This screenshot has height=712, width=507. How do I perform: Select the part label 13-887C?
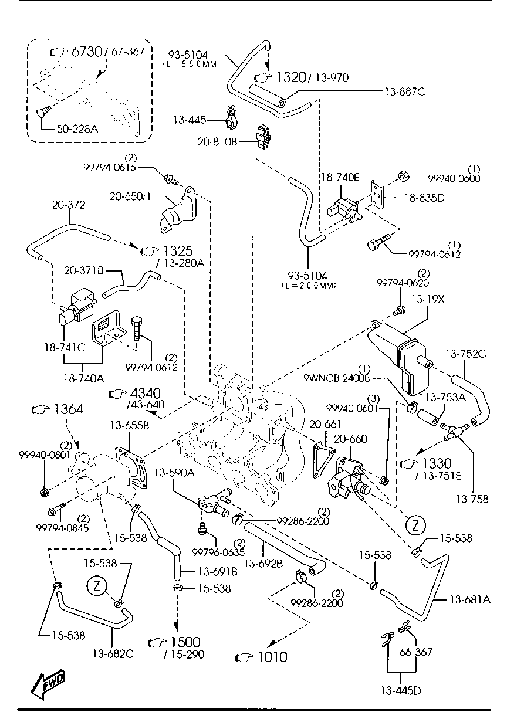pos(405,92)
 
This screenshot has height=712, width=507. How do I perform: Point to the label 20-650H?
pos(130,196)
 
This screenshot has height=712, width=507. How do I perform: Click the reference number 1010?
pos(272,657)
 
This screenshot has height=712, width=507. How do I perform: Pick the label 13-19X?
pos(428,299)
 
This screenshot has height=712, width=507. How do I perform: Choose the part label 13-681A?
pos(470,599)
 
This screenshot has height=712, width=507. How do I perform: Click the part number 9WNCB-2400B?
pos(337,378)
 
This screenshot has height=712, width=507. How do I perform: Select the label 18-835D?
pos(425,198)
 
